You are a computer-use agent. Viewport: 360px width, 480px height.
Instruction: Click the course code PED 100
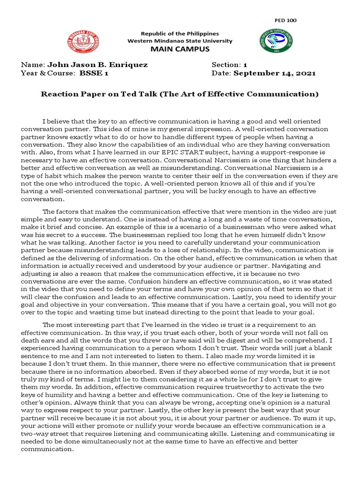tap(285, 20)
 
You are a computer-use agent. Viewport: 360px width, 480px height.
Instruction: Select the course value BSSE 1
tap(94, 73)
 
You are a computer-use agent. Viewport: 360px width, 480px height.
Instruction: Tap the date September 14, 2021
tap(275, 73)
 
